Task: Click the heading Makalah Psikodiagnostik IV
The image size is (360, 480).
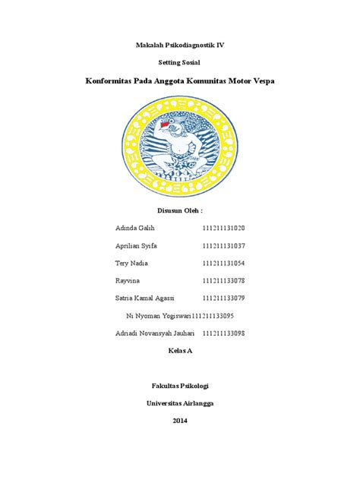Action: (x=179, y=46)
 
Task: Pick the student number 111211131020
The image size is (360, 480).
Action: (x=223, y=228)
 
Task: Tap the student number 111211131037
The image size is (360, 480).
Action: (x=223, y=245)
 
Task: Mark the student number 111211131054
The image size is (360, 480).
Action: (x=223, y=263)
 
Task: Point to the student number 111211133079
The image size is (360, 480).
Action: (x=223, y=298)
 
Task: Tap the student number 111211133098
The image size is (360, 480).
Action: (x=223, y=333)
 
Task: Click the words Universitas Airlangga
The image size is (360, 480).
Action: (x=179, y=403)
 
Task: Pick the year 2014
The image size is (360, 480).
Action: (x=179, y=421)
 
